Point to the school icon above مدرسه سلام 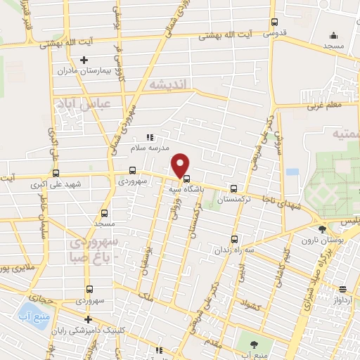(148, 138)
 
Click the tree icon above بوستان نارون (323, 229)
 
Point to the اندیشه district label (167, 84)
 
